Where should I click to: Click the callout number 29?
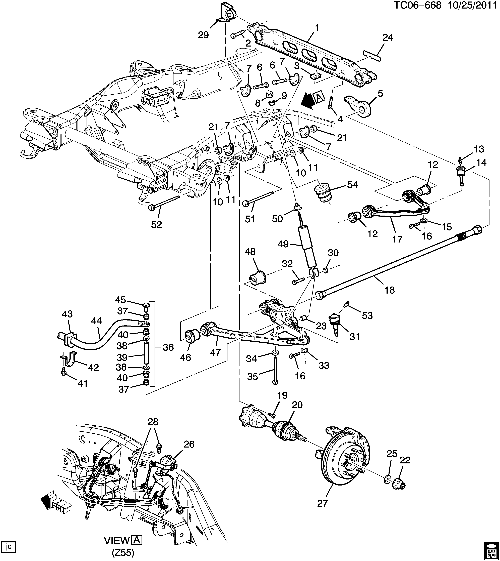point(204,35)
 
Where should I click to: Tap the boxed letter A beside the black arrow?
point(319,97)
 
